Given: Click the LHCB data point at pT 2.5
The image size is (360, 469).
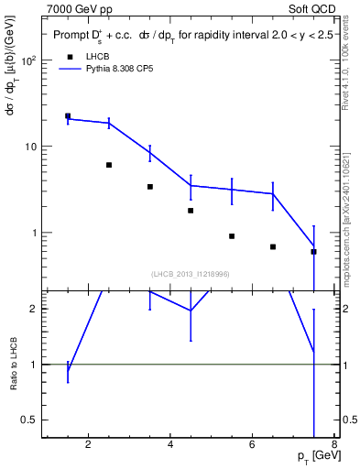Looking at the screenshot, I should click(x=109, y=165).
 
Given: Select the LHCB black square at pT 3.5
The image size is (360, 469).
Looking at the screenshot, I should click(x=150, y=187).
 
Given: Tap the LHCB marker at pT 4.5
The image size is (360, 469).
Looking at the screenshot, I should click(x=191, y=211).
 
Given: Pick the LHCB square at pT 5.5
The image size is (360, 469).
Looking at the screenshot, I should click(x=232, y=236).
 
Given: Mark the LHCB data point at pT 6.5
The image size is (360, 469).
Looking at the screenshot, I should click(x=273, y=246).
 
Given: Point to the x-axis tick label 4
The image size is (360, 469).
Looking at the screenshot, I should click(x=170, y=446).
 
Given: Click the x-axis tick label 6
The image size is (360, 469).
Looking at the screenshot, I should click(x=253, y=446).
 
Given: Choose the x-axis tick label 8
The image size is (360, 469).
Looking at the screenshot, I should click(x=334, y=446).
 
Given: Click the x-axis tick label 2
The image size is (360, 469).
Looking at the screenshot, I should click(x=88, y=446).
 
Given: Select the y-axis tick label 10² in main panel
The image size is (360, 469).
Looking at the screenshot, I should click(x=29, y=60).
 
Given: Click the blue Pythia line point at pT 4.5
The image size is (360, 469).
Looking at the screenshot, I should click(x=191, y=185).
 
